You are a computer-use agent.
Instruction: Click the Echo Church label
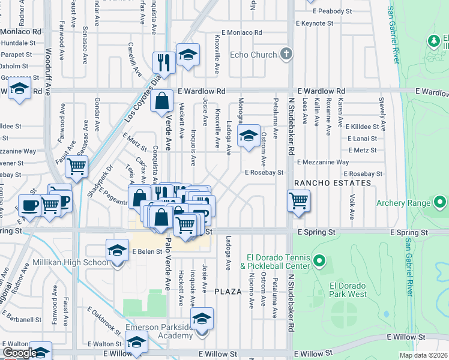253,55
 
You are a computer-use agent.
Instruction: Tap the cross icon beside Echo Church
286,55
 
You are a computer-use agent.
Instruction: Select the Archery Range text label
403,202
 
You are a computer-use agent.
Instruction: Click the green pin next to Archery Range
441,202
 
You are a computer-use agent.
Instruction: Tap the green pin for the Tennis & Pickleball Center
319,262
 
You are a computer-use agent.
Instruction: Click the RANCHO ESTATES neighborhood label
332,182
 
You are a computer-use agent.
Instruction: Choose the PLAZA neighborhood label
228,292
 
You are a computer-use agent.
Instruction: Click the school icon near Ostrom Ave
249,136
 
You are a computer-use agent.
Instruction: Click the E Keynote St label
315,23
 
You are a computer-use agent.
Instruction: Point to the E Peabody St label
328,11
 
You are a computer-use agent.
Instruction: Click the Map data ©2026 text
423,355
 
